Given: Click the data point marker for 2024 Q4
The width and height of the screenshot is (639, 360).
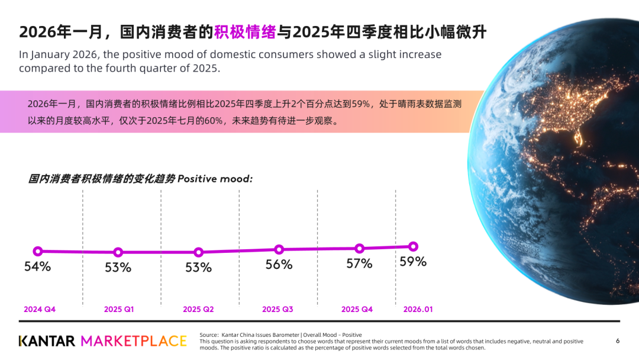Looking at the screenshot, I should pos(38,251).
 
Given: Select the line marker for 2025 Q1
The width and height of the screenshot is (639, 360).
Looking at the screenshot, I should pos(118,252).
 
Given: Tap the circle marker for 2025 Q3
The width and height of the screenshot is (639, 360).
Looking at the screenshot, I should pos(279,249).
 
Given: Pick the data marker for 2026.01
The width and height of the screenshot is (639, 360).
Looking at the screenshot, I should pos(413,246).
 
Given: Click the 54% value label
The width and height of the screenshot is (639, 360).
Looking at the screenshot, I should pos(37,266).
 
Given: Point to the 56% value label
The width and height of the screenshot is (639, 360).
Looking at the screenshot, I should pos(279,265).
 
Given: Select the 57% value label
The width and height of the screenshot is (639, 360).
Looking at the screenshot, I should pos(359,263).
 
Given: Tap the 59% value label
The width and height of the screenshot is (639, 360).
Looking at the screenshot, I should pos(413,261).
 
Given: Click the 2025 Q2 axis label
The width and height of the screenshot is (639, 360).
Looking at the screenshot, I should pos(198,310).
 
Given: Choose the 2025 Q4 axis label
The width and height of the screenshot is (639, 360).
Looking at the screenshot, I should pos(357,310).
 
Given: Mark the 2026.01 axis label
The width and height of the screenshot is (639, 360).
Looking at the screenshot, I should pos(418,310).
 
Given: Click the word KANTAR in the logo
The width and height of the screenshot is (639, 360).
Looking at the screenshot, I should pos(47,341).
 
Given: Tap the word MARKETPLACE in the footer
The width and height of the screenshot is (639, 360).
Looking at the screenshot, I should pos(134,341).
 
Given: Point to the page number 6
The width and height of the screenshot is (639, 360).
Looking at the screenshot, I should pos(618,340).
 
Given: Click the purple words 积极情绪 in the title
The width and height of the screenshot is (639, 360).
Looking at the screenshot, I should pos(245,32).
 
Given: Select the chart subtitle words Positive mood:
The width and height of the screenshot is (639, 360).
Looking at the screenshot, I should pos(215,179).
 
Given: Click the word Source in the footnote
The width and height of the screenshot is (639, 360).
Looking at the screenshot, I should pos(209,335).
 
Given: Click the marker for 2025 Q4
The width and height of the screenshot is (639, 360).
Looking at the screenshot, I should pos(359,248).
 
